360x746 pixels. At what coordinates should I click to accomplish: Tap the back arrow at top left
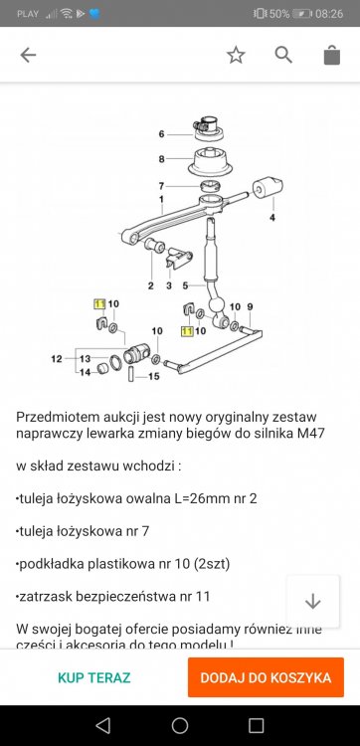point(28,56)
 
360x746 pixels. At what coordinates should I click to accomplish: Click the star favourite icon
point(236,56)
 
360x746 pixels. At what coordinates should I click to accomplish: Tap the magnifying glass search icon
point(284,56)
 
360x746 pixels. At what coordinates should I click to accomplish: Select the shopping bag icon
point(332,56)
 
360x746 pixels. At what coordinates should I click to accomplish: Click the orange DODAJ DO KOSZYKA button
point(266,677)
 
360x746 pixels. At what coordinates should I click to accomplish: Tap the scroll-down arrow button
point(313,601)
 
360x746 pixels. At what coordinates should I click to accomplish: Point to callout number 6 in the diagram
point(161,133)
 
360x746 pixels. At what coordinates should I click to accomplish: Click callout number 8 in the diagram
point(161,159)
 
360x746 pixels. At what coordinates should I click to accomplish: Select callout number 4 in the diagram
point(270,217)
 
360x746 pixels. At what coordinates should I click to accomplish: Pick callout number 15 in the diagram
point(154,377)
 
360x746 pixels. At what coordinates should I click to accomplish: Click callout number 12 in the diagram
point(57,358)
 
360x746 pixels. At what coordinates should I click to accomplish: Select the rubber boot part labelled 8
point(212,160)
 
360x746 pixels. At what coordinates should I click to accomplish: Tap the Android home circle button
point(180,724)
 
